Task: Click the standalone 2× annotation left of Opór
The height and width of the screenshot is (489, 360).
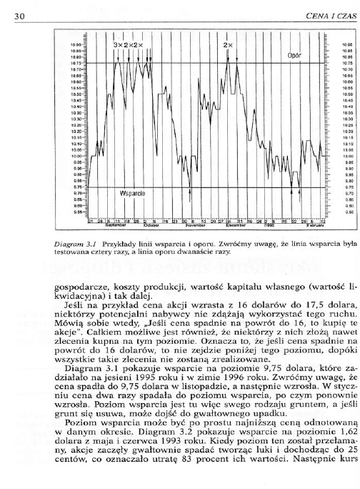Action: [228, 45]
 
